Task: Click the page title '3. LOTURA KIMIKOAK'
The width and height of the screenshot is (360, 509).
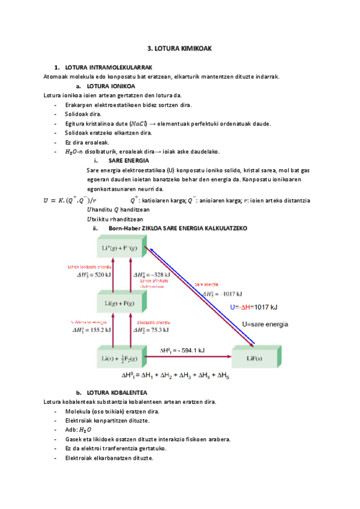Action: tap(180, 48)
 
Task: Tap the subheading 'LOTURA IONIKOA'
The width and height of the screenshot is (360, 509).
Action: tap(110, 85)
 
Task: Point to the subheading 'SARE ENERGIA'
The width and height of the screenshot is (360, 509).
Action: tap(129, 161)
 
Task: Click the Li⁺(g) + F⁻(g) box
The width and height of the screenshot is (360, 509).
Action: tap(123, 247)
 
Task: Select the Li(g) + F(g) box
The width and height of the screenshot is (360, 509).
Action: tap(123, 303)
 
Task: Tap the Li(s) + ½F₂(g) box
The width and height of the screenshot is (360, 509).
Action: tap(123, 359)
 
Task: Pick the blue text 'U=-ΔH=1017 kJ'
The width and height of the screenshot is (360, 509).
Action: tap(254, 307)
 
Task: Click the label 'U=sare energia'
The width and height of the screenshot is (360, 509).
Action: tap(265, 324)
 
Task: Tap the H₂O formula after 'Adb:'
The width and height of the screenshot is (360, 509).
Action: tap(86, 430)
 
